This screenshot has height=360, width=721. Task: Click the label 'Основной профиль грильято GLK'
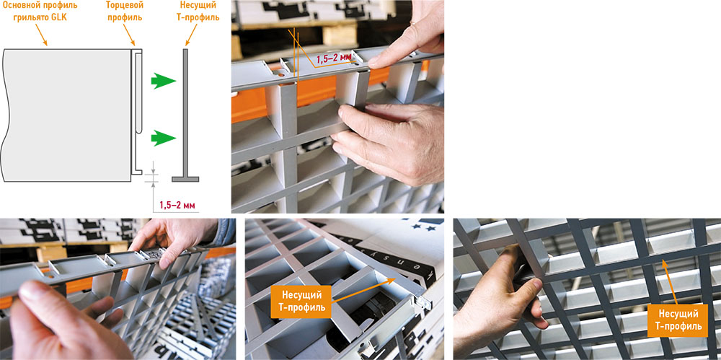click(40, 12)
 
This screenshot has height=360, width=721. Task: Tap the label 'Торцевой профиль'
click(124, 12)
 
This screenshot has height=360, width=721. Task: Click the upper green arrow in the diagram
click(164, 81)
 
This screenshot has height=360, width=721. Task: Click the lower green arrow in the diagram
click(164, 138)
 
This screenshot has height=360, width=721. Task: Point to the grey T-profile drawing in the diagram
click(186, 115)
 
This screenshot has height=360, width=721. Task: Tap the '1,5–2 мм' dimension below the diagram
click(178, 206)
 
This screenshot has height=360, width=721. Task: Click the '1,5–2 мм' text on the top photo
click(333, 58)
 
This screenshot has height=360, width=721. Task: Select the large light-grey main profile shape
click(66, 115)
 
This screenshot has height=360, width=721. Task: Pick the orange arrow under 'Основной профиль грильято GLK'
click(41, 35)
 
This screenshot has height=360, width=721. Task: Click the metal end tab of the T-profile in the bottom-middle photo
click(425, 304)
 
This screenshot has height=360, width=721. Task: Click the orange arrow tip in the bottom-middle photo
click(394, 278)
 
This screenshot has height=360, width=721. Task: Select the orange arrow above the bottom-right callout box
click(668, 282)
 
